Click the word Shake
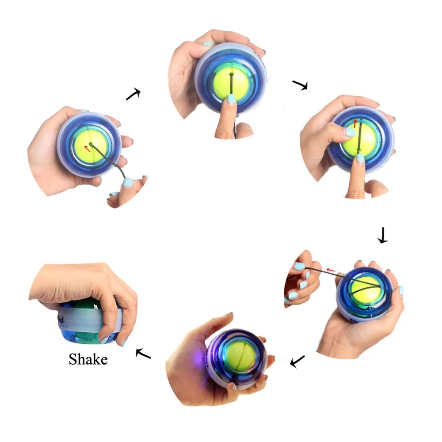tap(88, 359)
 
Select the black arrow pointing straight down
tap(382, 235)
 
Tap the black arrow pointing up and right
tap(133, 94)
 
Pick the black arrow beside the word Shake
tap(143, 353)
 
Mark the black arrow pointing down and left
tap(297, 361)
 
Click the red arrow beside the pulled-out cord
tap(331, 269)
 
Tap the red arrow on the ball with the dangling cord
tap(87, 149)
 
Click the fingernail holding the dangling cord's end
tap(127, 183)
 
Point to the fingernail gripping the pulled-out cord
tap(300, 267)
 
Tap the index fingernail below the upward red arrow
tap(361, 157)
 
